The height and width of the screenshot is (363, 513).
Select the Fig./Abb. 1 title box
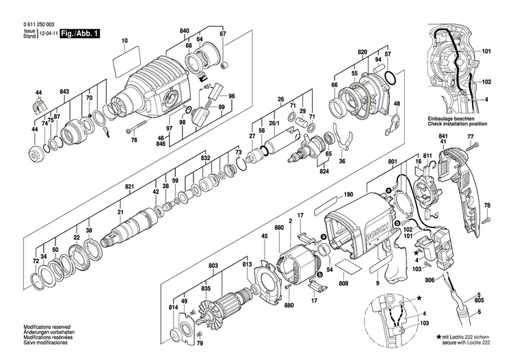[x=79, y=33]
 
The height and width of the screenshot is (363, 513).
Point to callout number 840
[x=184, y=32]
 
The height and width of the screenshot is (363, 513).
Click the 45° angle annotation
[x=205, y=88]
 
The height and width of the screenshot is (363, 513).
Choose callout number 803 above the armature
[x=213, y=264]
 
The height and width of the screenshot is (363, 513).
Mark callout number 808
[x=343, y=283]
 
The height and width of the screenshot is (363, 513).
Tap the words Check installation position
[x=456, y=123]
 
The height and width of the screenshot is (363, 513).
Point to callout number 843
[x=64, y=92]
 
